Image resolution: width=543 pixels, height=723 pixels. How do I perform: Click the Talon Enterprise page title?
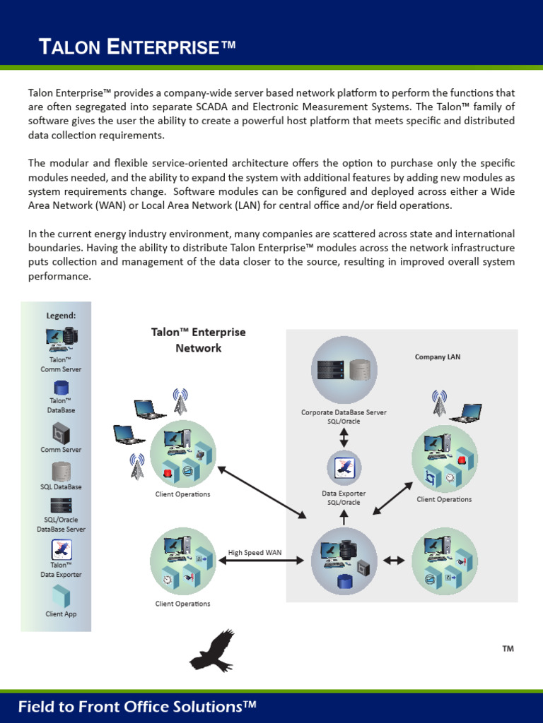point(136,47)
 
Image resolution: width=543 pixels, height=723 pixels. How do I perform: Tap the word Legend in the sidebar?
point(61,316)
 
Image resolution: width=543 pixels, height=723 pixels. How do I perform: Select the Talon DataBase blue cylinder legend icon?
point(61,388)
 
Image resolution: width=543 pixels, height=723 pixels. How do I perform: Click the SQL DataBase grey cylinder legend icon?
point(61,472)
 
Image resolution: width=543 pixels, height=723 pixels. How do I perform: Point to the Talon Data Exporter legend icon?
point(61,549)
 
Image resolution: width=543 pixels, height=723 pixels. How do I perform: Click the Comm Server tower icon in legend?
point(61,433)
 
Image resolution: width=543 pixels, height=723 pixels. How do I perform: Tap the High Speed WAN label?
point(255,553)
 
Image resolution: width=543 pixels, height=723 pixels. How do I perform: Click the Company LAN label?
point(437,357)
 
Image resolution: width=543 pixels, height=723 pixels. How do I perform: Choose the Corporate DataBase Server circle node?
point(344,370)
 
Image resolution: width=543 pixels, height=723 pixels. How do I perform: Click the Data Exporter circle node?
point(344,468)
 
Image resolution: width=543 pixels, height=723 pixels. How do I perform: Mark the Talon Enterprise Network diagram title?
point(199,340)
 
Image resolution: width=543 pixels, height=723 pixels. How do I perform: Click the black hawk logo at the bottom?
point(211,651)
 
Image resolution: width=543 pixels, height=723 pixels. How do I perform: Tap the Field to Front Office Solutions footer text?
point(137,707)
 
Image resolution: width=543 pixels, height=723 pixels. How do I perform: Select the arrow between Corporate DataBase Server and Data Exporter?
point(344,437)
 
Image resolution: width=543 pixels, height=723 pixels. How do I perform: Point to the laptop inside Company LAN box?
point(467,413)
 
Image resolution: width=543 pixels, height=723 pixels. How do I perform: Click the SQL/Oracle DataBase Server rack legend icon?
point(61,506)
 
